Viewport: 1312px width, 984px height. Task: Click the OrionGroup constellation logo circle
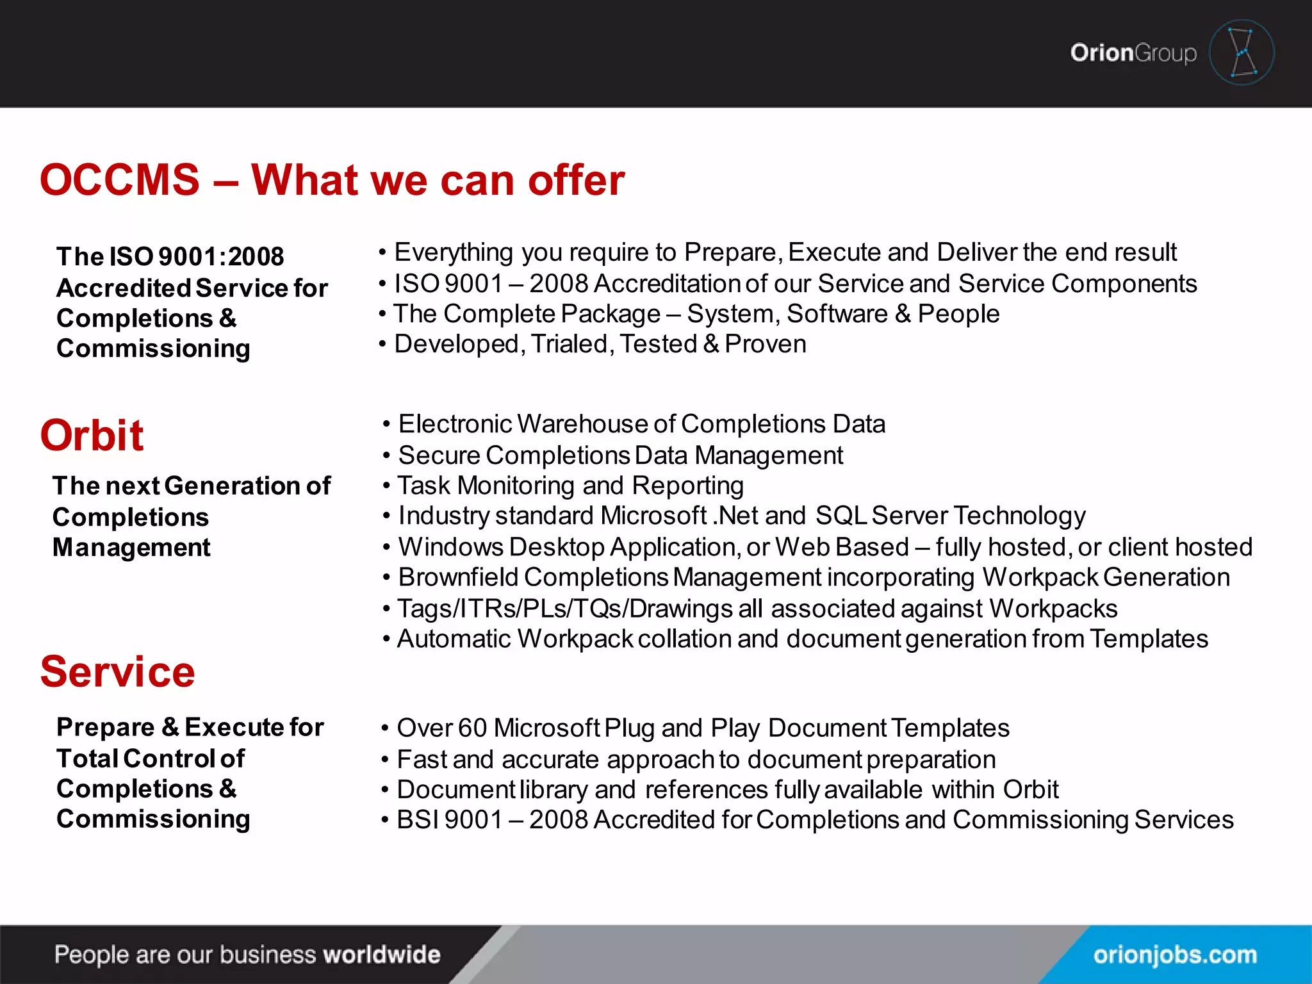coord(1242,53)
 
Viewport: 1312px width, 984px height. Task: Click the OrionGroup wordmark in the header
coord(1133,53)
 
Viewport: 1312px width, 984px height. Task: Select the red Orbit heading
coord(92,436)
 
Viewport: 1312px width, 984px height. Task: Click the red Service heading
coord(117,672)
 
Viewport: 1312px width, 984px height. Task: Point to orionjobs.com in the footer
coord(1175,955)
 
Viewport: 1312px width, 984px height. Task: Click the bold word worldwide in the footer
coord(382,955)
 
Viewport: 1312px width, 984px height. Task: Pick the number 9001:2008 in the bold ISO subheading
coord(221,257)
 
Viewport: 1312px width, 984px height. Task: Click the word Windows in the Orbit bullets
coord(451,547)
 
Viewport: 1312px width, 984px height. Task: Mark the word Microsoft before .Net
coord(653,516)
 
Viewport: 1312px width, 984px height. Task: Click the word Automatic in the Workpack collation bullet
coord(453,639)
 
